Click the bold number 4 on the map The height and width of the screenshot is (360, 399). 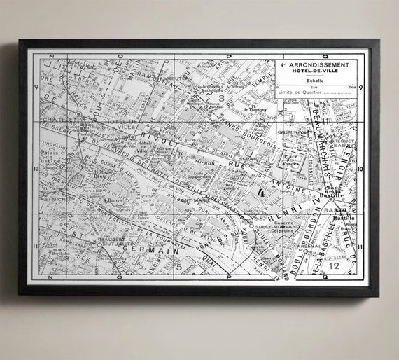(x=261, y=191)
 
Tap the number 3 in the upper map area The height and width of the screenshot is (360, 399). (x=221, y=99)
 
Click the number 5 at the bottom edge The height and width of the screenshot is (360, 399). (x=178, y=266)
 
